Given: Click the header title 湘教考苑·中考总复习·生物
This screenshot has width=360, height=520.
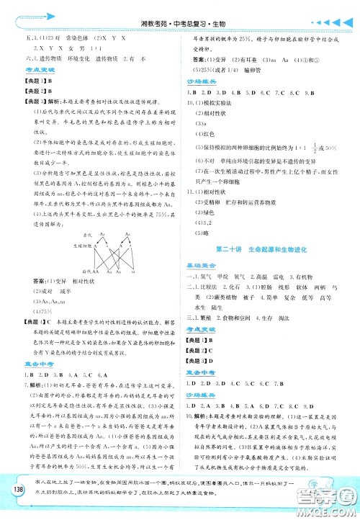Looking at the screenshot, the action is (x=179, y=9).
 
